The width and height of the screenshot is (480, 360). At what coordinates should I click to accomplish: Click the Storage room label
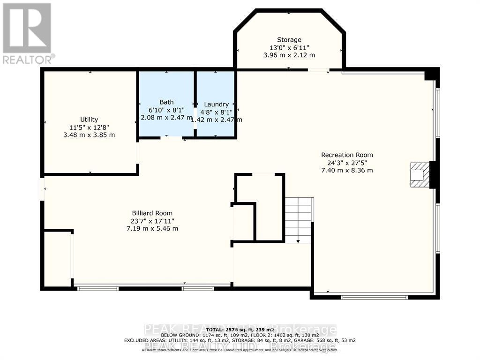289,40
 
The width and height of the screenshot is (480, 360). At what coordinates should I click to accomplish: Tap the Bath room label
166,102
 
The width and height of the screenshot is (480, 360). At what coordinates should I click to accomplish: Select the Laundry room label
216,104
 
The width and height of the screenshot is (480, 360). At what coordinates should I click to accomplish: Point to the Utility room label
89,120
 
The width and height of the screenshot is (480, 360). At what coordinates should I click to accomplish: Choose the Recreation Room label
347,155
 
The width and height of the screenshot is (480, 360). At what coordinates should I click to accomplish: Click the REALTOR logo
27,33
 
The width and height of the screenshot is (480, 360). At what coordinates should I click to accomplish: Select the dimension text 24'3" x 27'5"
347,163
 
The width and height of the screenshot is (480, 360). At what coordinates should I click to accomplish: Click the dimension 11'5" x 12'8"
89,127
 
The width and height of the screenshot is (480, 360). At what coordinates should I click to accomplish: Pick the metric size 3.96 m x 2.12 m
289,55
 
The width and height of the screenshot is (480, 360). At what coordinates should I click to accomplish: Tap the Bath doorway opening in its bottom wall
172,138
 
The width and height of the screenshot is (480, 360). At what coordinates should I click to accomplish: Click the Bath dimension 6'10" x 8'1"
166,110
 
